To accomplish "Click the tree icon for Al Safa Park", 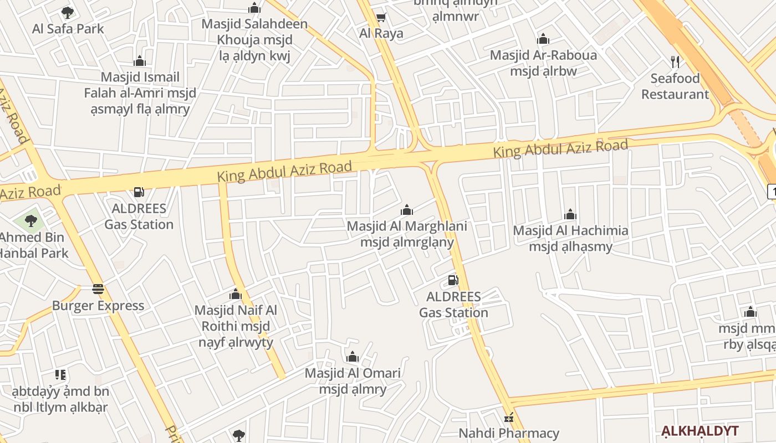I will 68,12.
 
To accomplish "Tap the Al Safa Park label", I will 68,29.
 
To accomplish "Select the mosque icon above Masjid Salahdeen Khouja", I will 254,8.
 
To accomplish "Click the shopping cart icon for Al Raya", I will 381,18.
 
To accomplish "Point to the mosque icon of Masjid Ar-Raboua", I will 543,39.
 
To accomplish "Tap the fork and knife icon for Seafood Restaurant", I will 675,61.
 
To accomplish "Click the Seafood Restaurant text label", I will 675,86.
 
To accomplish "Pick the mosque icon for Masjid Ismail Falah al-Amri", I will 140,60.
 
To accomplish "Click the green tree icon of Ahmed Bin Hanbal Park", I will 31,221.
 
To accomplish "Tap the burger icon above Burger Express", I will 98,289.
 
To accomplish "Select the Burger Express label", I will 98,306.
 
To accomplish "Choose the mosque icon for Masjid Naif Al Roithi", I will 236,294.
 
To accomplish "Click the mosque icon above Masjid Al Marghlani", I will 407,210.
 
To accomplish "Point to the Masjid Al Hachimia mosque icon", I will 570,214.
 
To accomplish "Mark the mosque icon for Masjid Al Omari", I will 353,357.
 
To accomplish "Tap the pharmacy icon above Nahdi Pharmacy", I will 509,418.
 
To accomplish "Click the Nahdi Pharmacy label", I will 509,433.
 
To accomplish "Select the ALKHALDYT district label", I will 700,431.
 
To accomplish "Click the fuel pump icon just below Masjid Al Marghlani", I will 453,280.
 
